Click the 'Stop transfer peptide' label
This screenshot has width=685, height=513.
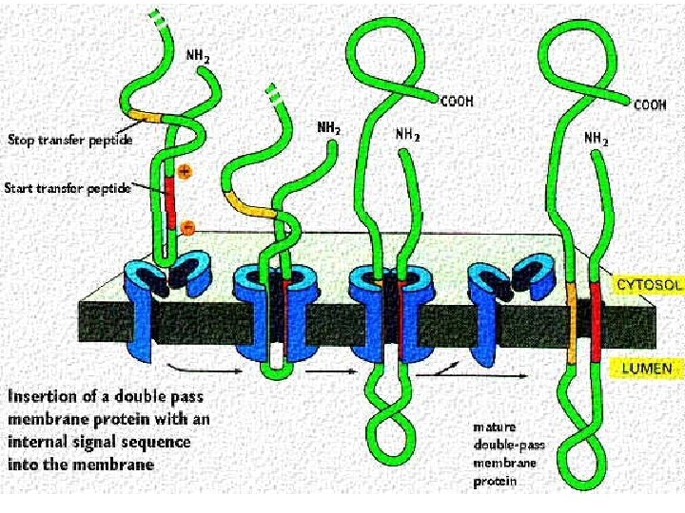(69, 141)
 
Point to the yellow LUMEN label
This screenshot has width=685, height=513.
(647, 368)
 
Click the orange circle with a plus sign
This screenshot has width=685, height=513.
(184, 173)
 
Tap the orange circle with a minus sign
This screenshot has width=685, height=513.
(187, 227)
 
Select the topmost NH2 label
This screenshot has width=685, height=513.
(197, 57)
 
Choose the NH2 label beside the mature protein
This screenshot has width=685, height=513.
(597, 138)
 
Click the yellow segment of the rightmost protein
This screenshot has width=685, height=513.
(572, 323)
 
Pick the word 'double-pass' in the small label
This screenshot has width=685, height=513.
(504, 445)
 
